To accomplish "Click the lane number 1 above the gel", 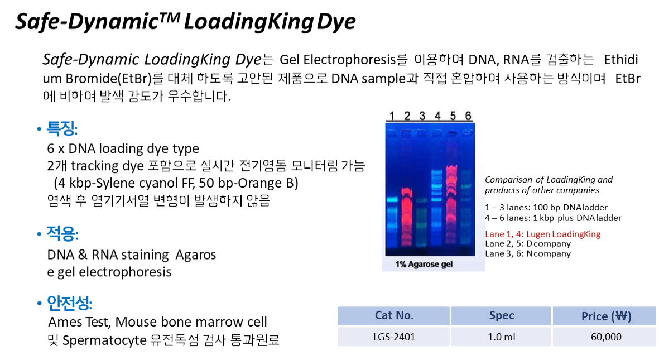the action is tap(392, 116).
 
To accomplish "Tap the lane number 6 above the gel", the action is tap(468, 116).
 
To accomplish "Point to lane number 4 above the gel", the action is tap(437, 116).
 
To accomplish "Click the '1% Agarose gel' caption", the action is tap(424, 264).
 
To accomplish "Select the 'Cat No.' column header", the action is tap(394, 315).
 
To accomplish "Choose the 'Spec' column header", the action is tap(502, 315).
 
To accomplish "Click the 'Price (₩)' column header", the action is tap(605, 316).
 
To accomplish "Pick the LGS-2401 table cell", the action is tap(394, 337).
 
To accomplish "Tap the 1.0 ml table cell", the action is tap(502, 337).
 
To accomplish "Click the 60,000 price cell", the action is tap(605, 337).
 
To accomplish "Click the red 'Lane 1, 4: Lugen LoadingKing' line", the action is tap(542, 234).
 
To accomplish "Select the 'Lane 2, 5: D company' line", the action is tap(528, 244).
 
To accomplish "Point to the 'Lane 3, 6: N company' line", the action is tap(528, 253).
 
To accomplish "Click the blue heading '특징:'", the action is tap(62, 128).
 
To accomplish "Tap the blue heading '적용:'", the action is tap(62, 233).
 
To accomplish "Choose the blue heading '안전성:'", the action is tap(69, 303).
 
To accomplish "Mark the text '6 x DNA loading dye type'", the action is tap(123, 148).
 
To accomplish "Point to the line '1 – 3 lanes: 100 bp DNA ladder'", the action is tap(546, 207).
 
